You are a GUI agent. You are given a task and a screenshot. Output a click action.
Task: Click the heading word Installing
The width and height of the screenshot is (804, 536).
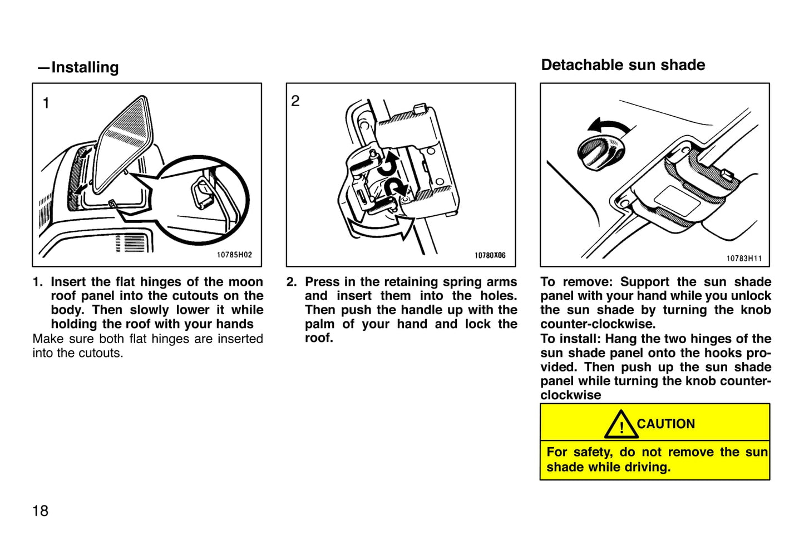[x=85, y=67]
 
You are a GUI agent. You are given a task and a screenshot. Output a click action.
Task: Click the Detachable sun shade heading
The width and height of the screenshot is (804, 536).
[x=623, y=65]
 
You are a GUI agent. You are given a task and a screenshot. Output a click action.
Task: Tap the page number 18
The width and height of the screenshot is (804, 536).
[x=40, y=510]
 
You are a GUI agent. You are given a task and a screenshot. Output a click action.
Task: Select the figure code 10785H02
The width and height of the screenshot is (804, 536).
[x=234, y=255]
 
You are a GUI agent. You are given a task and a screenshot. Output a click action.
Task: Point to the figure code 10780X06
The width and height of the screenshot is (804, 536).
[x=490, y=255]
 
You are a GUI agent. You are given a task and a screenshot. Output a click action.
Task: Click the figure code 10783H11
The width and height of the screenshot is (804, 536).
[x=744, y=258]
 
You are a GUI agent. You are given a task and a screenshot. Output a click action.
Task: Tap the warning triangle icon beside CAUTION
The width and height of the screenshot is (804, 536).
[x=620, y=425]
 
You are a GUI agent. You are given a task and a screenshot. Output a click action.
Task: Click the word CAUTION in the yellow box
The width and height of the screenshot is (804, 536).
[x=665, y=424]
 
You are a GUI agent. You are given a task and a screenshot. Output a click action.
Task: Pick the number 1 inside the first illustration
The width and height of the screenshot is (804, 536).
[x=46, y=103]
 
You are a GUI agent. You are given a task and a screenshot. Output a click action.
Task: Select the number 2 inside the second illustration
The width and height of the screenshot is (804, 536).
[x=295, y=101]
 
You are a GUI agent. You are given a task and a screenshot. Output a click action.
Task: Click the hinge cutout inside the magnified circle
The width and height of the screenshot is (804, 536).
[x=202, y=193]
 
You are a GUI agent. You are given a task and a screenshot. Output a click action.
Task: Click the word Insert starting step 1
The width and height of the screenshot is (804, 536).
[x=68, y=282]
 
